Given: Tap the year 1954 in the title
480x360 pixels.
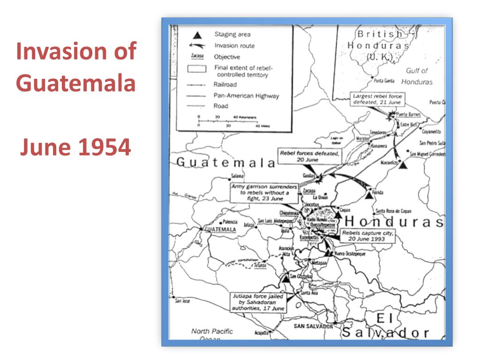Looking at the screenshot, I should coord(104,148).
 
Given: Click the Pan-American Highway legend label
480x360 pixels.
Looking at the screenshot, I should coord(246,96).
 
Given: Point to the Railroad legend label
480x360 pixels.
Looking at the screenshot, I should coord(225,85).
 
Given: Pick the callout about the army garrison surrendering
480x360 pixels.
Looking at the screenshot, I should coord(264,192).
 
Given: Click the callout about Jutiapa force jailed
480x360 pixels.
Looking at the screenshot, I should coord(257,302).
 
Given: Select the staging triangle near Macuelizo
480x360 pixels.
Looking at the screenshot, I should coord(403,165).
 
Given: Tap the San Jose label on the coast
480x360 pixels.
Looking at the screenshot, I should coord(182,301).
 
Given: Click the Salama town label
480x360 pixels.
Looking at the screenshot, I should coord(238,176).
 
